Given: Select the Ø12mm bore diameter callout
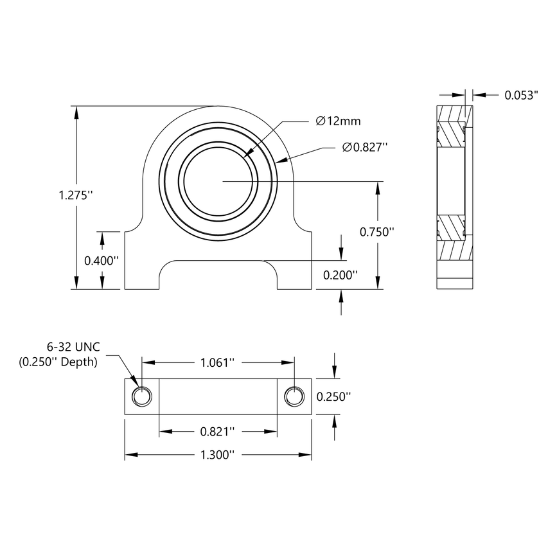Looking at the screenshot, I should coord(338,121).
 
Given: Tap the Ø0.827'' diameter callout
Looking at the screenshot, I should coord(365,148).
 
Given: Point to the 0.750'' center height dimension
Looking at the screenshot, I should coord(376,232).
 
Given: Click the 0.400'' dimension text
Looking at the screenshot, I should coord(102,260).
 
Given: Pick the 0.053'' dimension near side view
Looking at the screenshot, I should coord(520,95).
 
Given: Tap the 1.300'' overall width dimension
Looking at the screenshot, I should coord(217,455).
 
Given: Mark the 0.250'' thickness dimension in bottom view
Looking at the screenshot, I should coord(334,396).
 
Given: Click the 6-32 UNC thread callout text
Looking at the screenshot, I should coord(73,348).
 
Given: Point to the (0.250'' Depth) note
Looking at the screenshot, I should coord(58,362).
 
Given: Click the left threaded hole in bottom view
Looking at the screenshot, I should coord(141,397).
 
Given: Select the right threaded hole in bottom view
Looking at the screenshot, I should coord(294,397).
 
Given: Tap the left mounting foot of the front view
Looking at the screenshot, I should coord(141,263).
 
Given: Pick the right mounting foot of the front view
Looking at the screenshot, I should coord(295,263).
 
